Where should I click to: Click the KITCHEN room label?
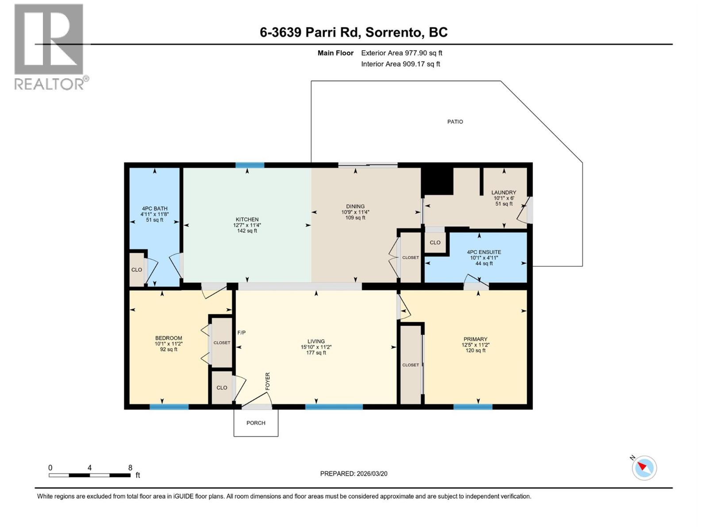point(247,219)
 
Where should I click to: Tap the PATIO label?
point(455,122)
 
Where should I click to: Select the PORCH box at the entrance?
point(256,423)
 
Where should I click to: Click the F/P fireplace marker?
point(242,333)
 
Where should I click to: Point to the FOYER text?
point(268,381)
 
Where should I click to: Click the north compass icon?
point(644,468)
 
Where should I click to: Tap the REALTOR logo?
point(49,46)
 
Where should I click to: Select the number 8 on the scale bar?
point(130,468)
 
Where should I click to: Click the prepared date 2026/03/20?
point(371,473)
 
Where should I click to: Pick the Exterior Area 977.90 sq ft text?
point(401,53)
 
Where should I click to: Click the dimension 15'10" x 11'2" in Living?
point(316,347)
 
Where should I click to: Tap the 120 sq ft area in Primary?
point(475,350)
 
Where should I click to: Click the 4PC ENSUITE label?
point(484,252)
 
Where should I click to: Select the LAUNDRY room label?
point(504,192)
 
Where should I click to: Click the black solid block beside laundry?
point(438,181)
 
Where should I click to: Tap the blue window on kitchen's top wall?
point(250,165)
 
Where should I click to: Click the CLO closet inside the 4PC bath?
point(137,270)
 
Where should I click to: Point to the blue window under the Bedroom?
point(169,407)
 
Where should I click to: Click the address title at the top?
point(354,32)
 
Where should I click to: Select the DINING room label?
point(355,206)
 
